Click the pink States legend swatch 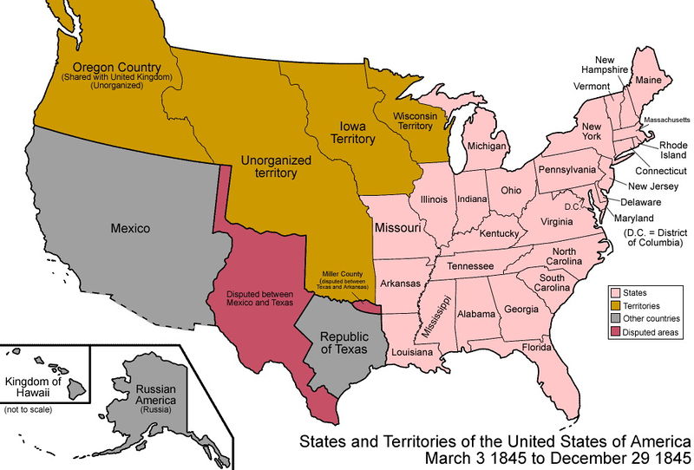pos(614,293)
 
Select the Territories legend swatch pos(614,306)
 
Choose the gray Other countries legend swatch pos(614,319)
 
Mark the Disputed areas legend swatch pos(614,332)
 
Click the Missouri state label pos(398,227)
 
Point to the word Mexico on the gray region pos(130,230)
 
